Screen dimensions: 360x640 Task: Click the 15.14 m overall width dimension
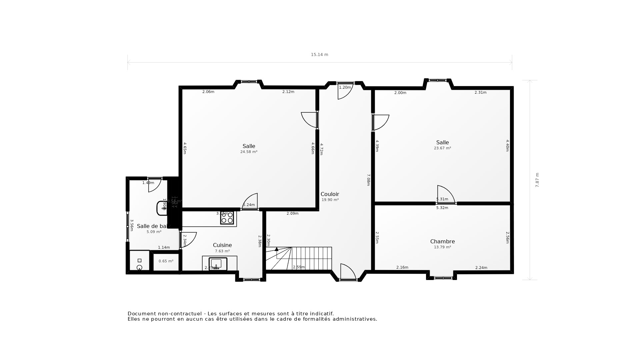pyautogui.click(x=319, y=55)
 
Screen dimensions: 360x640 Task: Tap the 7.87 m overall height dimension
pyautogui.click(x=537, y=180)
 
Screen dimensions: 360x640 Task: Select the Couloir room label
pyautogui.click(x=330, y=194)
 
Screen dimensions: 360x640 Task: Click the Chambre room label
pyautogui.click(x=442, y=241)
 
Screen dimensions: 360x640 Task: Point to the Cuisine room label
pyautogui.click(x=222, y=245)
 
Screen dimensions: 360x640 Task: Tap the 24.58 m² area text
pyautogui.click(x=249, y=152)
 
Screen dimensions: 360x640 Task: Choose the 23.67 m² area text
pyautogui.click(x=442, y=148)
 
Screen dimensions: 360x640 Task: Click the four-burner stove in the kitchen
pyautogui.click(x=227, y=218)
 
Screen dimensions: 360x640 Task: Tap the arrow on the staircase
pyautogui.click(x=276, y=249)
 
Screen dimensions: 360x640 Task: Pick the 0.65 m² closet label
pyautogui.click(x=166, y=261)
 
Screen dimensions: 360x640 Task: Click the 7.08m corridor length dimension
pyautogui.click(x=368, y=180)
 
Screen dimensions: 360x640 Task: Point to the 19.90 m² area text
pyautogui.click(x=330, y=200)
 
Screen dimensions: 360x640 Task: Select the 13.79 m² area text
pyautogui.click(x=442, y=247)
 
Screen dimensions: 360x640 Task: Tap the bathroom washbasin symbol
pyautogui.click(x=162, y=208)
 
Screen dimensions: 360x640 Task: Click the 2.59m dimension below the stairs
pyautogui.click(x=299, y=267)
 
